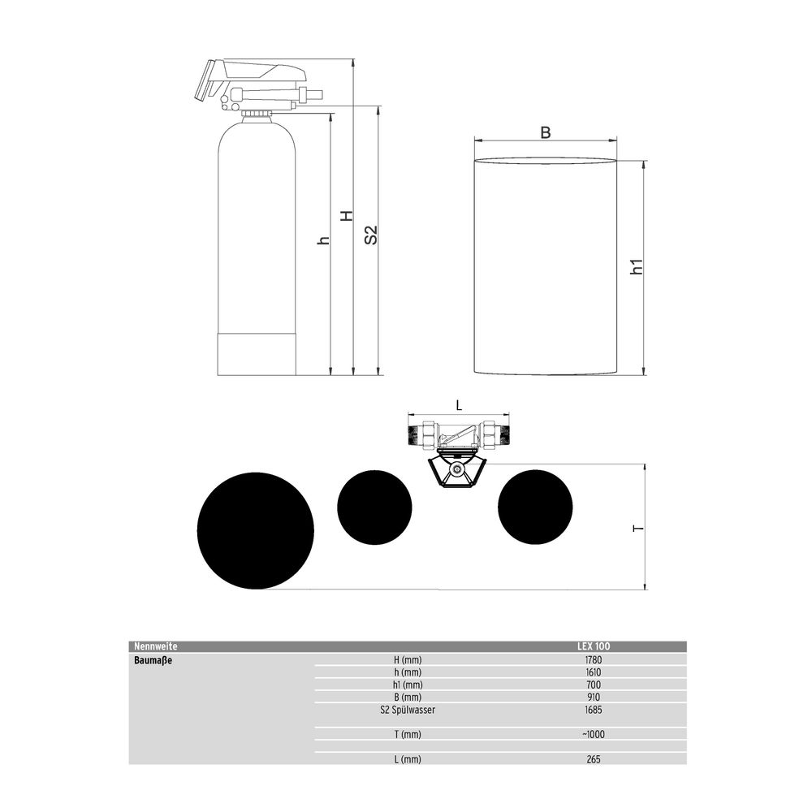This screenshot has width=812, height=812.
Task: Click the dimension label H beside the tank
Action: click(x=347, y=216)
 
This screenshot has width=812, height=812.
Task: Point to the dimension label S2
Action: click(x=371, y=235)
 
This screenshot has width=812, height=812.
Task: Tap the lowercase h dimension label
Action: click(x=324, y=240)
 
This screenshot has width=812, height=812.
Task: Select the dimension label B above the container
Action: click(x=546, y=132)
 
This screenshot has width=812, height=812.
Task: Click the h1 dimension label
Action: click(x=637, y=266)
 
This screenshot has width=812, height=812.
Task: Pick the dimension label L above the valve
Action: click(x=459, y=405)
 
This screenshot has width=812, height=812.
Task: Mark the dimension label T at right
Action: click(x=638, y=528)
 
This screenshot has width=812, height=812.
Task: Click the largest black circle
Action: click(x=255, y=530)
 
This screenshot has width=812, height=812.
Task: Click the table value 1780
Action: click(x=594, y=659)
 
